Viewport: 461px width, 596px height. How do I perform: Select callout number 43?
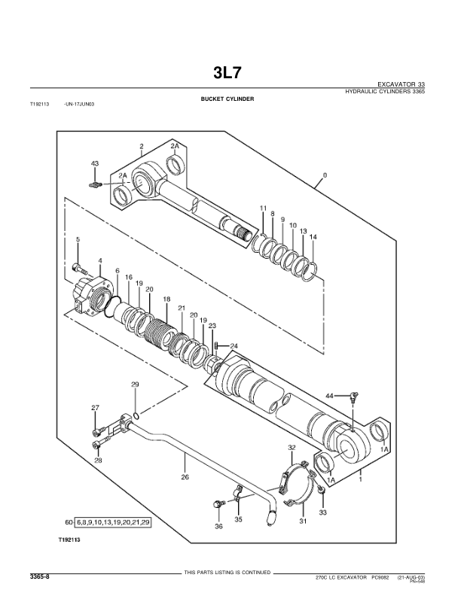(x=95, y=163)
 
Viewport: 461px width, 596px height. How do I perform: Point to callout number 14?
(x=313, y=237)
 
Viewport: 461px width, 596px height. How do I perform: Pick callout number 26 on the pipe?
(x=185, y=476)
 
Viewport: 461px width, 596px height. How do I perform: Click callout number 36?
(x=218, y=526)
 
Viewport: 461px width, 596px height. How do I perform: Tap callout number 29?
(x=135, y=385)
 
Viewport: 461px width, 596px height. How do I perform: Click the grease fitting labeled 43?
(x=95, y=185)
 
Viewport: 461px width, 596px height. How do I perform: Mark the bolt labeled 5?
(x=77, y=267)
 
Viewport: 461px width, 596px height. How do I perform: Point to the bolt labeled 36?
(x=218, y=503)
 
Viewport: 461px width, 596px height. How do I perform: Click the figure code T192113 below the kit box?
(x=70, y=540)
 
